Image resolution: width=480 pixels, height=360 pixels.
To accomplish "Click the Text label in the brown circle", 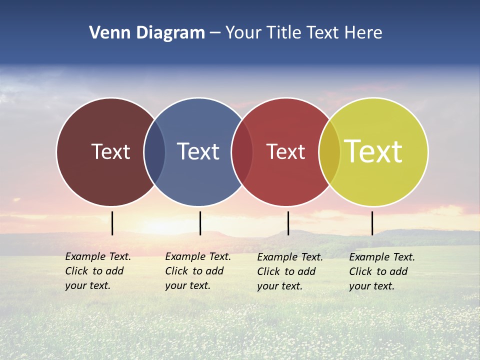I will pyautogui.click(x=110, y=151).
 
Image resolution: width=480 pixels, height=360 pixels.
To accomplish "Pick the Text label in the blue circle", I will pyautogui.click(x=198, y=151).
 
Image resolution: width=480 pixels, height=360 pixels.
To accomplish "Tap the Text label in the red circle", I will pyautogui.click(x=285, y=151).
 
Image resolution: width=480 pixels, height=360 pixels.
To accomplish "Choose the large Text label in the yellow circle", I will pyautogui.click(x=373, y=151).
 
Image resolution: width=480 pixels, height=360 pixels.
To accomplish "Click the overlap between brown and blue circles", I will pyautogui.click(x=154, y=152).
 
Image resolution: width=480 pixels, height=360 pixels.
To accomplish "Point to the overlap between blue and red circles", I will pyautogui.click(x=242, y=152).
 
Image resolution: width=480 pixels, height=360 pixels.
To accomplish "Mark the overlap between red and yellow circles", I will pyautogui.click(x=329, y=152).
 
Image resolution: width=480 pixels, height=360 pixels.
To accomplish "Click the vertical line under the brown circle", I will pyautogui.click(x=112, y=223).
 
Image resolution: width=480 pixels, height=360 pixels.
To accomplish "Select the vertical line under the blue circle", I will pyautogui.click(x=200, y=223).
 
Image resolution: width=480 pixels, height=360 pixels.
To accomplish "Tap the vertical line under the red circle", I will pyautogui.click(x=288, y=223).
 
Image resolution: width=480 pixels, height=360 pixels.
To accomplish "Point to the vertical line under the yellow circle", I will pyautogui.click(x=372, y=223).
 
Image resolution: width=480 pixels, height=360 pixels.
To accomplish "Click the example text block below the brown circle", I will pyautogui.click(x=98, y=271).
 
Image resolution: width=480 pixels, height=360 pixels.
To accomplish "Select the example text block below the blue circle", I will pyautogui.click(x=198, y=271).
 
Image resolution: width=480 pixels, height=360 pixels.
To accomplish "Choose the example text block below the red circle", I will pyautogui.click(x=290, y=271).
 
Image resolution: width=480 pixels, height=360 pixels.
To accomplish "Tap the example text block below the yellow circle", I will pyautogui.click(x=382, y=271).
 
